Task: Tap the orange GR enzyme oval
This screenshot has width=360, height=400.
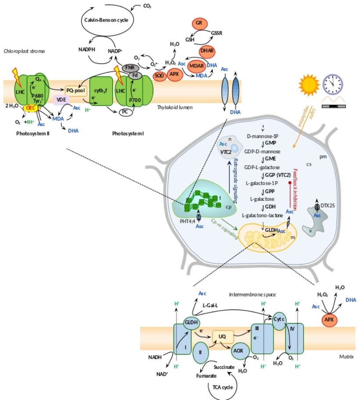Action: (x=199, y=23)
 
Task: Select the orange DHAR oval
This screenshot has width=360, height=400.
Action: (x=207, y=51)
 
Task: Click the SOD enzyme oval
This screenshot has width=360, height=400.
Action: (x=159, y=76)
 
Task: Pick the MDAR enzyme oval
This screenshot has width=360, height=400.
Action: (x=197, y=66)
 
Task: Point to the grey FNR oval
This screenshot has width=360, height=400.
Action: (x=130, y=68)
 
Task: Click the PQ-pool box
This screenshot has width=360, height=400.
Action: (x=76, y=91)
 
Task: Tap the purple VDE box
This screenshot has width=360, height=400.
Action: (x=61, y=100)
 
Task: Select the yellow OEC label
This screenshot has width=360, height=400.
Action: (x=31, y=108)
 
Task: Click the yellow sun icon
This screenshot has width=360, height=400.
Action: (x=309, y=85)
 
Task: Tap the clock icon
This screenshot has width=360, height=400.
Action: (x=333, y=84)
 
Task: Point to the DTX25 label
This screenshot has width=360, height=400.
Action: (x=328, y=205)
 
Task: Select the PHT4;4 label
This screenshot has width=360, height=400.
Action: (x=187, y=222)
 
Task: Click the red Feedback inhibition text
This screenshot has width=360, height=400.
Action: (x=295, y=189)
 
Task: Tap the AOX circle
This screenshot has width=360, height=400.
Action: (x=238, y=351)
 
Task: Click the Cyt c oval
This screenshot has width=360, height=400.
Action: (x=279, y=320)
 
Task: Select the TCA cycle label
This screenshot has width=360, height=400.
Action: (x=223, y=387)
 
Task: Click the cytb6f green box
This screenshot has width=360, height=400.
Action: (x=101, y=91)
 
